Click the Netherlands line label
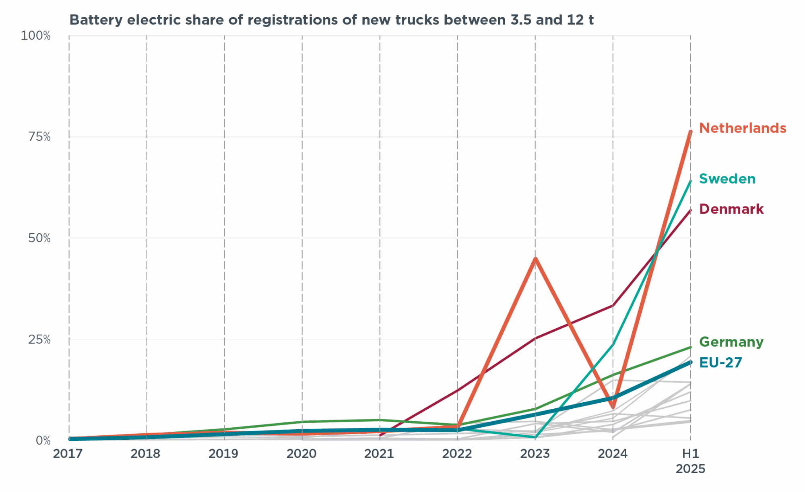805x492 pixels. click(x=742, y=128)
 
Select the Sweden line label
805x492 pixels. click(x=727, y=179)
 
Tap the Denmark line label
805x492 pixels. click(x=731, y=209)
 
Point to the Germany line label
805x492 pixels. click(x=731, y=342)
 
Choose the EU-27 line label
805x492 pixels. click(x=720, y=363)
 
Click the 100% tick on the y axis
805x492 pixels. click(x=35, y=36)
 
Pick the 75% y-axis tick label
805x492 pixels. click(x=39, y=137)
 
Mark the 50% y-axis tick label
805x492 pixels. click(x=39, y=238)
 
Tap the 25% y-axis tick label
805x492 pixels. click(x=39, y=340)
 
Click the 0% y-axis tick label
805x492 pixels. click(x=43, y=441)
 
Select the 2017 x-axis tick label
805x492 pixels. click(x=68, y=454)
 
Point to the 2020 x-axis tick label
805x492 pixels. click(x=301, y=454)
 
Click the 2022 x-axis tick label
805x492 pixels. click(x=457, y=454)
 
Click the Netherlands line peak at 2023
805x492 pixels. click(x=535, y=258)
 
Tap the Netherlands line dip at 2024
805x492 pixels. click(x=613, y=407)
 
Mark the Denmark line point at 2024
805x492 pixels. click(x=613, y=305)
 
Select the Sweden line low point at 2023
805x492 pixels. click(x=535, y=437)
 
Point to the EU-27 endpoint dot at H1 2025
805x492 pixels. click(x=691, y=362)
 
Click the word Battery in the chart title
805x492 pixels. click(x=96, y=20)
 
